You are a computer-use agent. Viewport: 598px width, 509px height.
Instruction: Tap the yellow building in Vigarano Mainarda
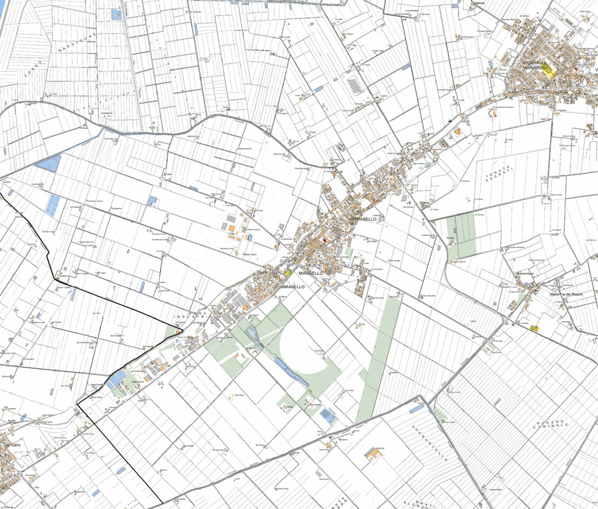point(548,71)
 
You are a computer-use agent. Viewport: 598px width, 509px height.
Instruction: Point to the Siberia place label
point(424,203)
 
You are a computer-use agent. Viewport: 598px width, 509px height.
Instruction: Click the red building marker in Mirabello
point(324,241)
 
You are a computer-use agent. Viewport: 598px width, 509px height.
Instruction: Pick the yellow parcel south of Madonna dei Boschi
point(535,328)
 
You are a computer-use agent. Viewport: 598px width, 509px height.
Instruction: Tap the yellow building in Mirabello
point(288,274)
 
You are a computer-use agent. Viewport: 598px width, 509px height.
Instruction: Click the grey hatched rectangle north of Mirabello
point(355,86)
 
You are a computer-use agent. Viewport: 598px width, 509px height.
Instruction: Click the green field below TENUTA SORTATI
point(461,235)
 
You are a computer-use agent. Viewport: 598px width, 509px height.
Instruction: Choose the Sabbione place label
point(479,3)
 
